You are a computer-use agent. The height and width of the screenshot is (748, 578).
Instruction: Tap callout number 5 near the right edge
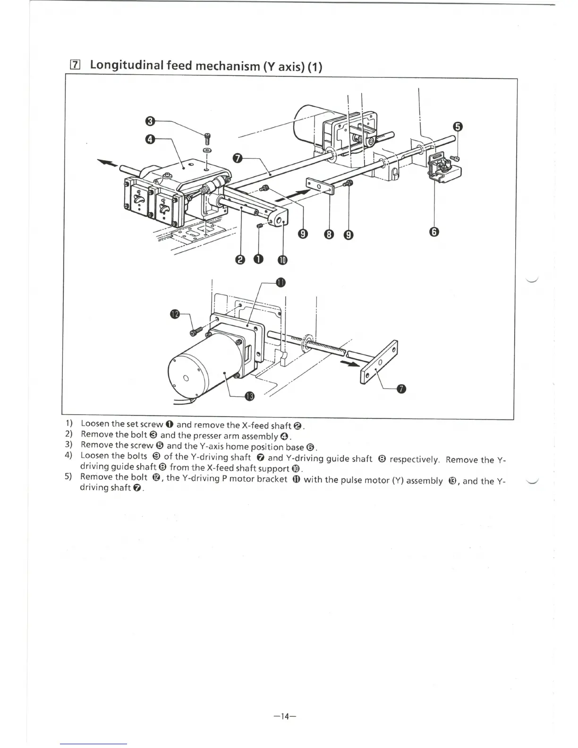pyautogui.click(x=457, y=127)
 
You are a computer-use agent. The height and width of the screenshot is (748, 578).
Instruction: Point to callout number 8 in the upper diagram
pyautogui.click(x=329, y=234)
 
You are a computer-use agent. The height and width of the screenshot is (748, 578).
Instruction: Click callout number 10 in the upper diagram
pyautogui.click(x=282, y=259)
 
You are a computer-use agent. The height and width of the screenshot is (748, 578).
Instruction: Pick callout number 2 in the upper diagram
pyautogui.click(x=240, y=259)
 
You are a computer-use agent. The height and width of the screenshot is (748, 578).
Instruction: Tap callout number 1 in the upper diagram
pyautogui.click(x=258, y=259)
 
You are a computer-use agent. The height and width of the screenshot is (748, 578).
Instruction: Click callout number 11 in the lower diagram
pyautogui.click(x=281, y=282)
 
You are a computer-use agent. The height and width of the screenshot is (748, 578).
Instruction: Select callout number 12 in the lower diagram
pyautogui.click(x=175, y=314)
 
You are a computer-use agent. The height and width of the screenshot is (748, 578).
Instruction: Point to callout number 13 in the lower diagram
pyautogui.click(x=250, y=396)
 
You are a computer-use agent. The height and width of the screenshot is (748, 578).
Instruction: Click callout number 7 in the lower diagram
pyautogui.click(x=401, y=389)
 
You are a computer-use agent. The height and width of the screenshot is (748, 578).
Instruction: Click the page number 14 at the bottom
pyautogui.click(x=284, y=716)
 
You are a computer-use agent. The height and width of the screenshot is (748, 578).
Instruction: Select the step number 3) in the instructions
pyautogui.click(x=68, y=444)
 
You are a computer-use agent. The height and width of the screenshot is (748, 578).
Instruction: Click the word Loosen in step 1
pyautogui.click(x=95, y=424)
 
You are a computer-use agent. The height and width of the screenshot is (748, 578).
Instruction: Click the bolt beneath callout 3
pyautogui.click(x=208, y=138)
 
